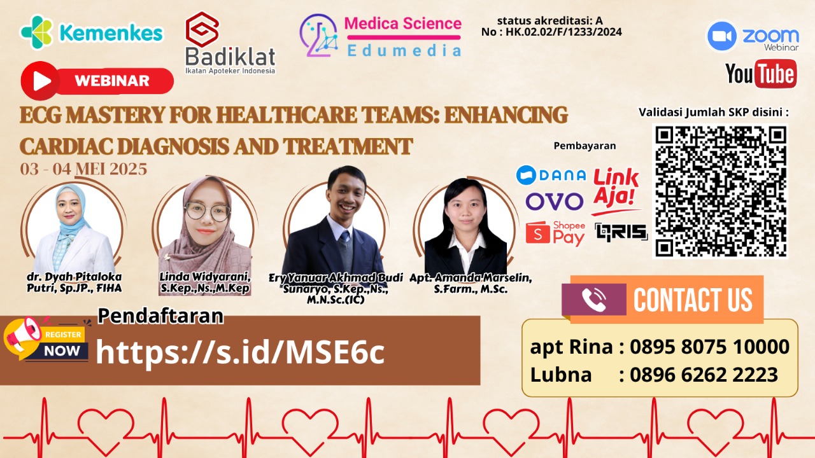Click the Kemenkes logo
coord(91,32)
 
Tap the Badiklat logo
coord(229,43)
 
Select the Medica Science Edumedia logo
coord(381,36)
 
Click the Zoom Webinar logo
coord(753,37)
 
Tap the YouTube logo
coord(760,74)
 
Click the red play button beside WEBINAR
coord(41,81)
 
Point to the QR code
coord(719,191)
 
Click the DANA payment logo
coord(551,174)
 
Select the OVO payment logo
coord(554,202)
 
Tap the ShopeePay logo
coord(555,233)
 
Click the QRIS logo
coord(621,232)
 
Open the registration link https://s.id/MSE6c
coord(240,352)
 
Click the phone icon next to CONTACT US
coord(593,300)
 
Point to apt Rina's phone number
coord(709,347)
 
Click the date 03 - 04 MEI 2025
coord(83,169)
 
